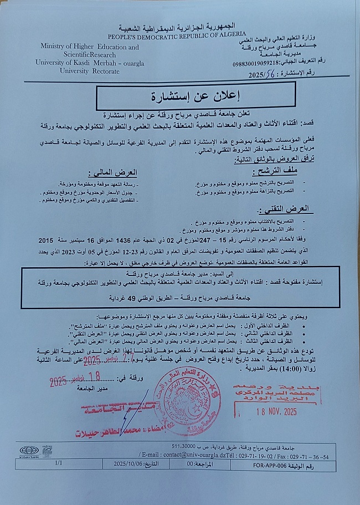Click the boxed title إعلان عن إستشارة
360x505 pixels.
[183, 98]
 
